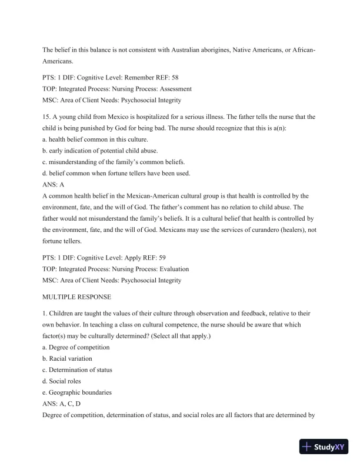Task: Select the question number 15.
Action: tap(48, 116)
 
